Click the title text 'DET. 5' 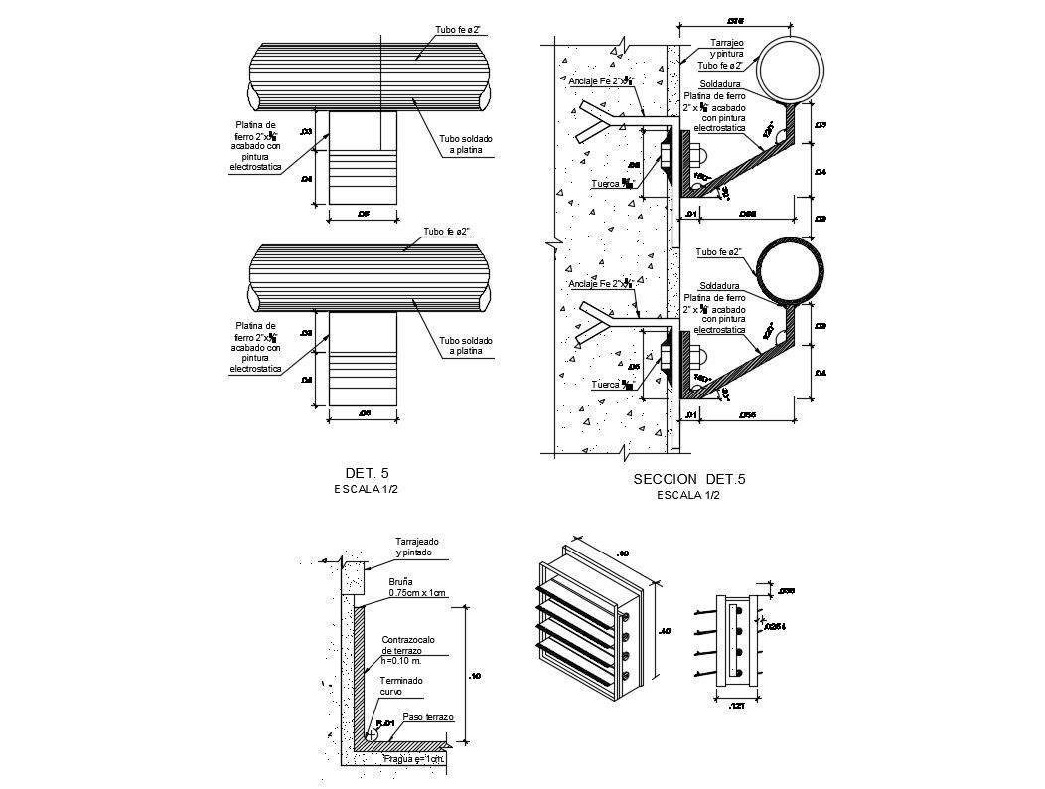[367, 472]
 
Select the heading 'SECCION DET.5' [688, 480]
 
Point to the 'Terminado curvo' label [400, 685]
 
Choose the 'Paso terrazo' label [428, 716]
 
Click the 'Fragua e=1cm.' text [414, 759]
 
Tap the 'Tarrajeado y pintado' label [416, 547]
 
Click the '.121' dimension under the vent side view [735, 705]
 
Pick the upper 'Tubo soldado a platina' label [465, 144]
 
